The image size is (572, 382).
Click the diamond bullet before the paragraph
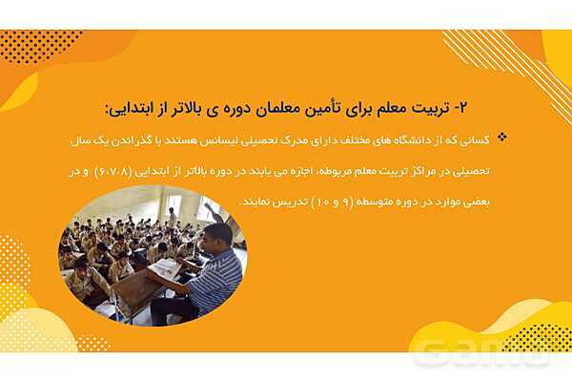pos(502,138)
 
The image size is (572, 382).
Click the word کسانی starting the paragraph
pos(474,139)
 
